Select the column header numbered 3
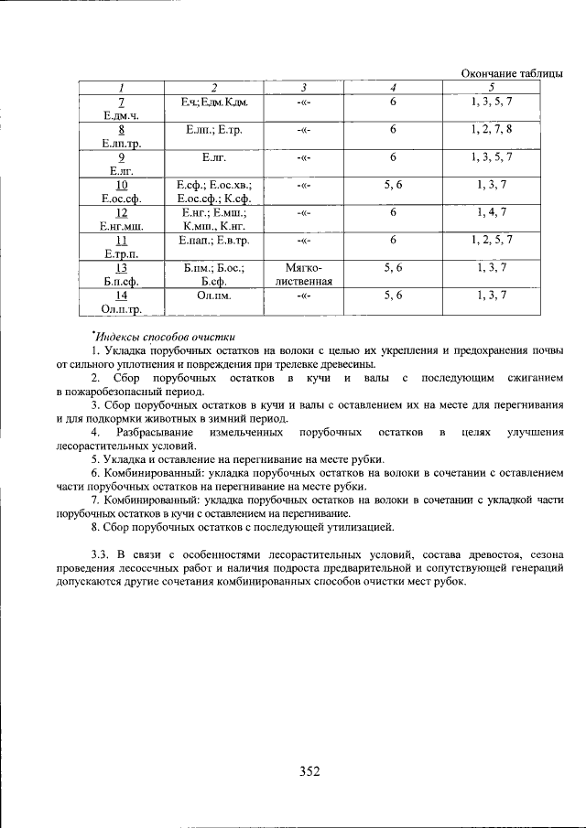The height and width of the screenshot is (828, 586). (x=303, y=87)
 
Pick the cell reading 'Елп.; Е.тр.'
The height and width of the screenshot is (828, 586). (x=213, y=130)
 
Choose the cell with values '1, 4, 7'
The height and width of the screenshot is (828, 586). (x=491, y=212)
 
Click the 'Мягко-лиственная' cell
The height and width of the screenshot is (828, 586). (x=304, y=274)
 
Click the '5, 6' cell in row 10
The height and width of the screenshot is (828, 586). (x=393, y=185)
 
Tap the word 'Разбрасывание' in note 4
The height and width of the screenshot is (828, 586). (x=155, y=431)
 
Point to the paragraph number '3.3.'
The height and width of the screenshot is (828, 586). (x=101, y=554)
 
